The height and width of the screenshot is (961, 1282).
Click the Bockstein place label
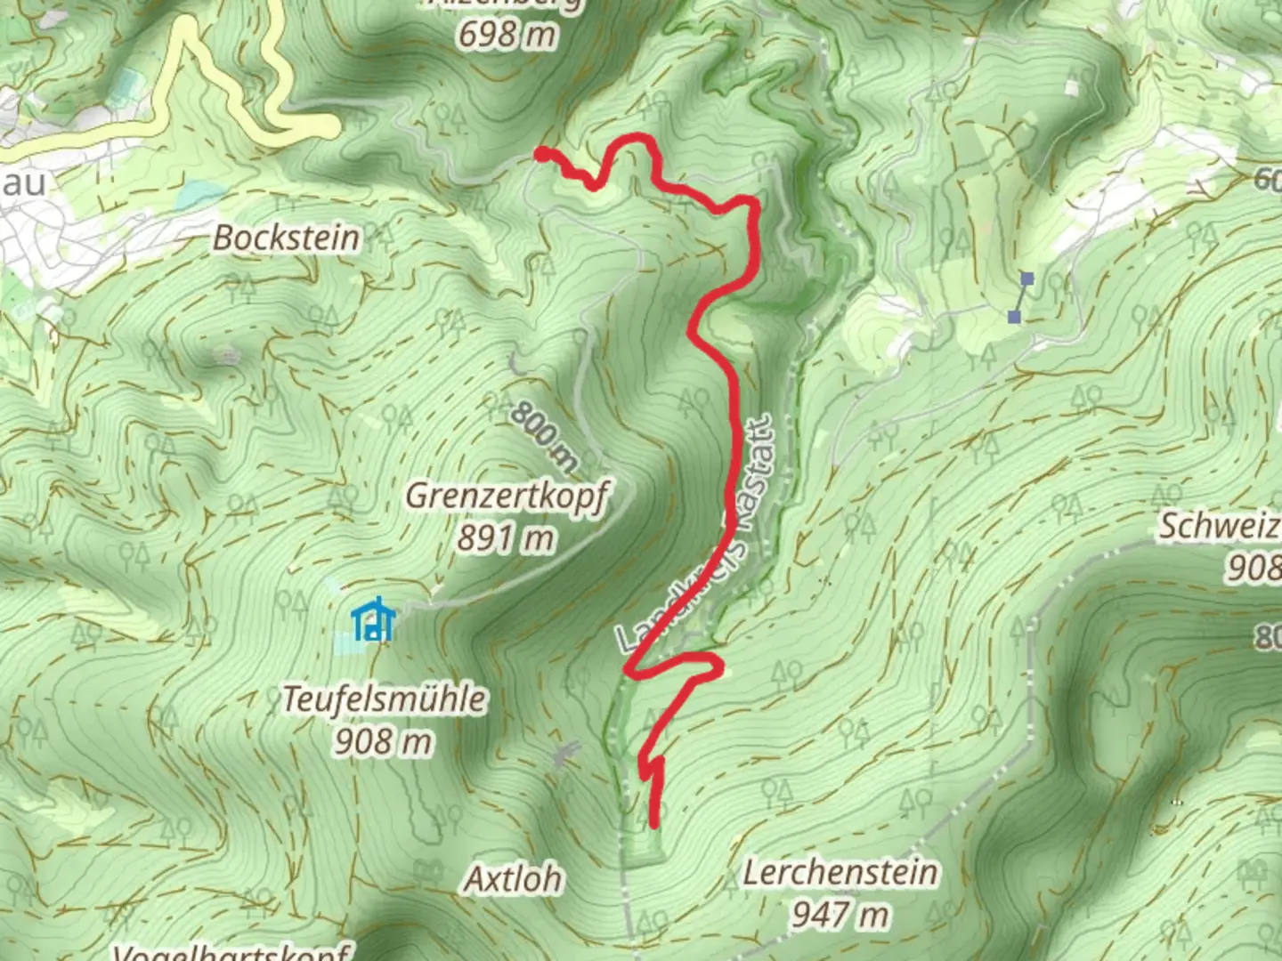click(x=287, y=238)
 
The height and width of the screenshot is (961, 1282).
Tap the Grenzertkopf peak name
click(x=507, y=497)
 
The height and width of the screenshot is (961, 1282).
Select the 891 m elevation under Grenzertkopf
click(x=507, y=538)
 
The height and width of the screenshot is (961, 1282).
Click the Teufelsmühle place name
click(x=385, y=699)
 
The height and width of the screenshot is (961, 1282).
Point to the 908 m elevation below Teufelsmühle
click(x=384, y=740)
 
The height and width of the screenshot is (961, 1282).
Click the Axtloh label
click(x=514, y=879)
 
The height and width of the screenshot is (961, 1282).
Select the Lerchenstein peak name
click(x=840, y=873)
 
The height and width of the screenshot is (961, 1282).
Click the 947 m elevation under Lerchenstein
click(x=840, y=914)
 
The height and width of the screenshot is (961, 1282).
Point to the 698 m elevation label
click(x=507, y=35)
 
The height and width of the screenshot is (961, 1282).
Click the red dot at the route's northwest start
click(x=540, y=155)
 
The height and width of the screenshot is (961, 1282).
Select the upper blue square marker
click(x=1026, y=279)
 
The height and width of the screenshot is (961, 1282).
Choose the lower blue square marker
click(x=1014, y=317)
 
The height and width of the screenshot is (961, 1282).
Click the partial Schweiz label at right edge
click(x=1220, y=526)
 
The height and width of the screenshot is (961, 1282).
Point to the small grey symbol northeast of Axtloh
click(x=563, y=755)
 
